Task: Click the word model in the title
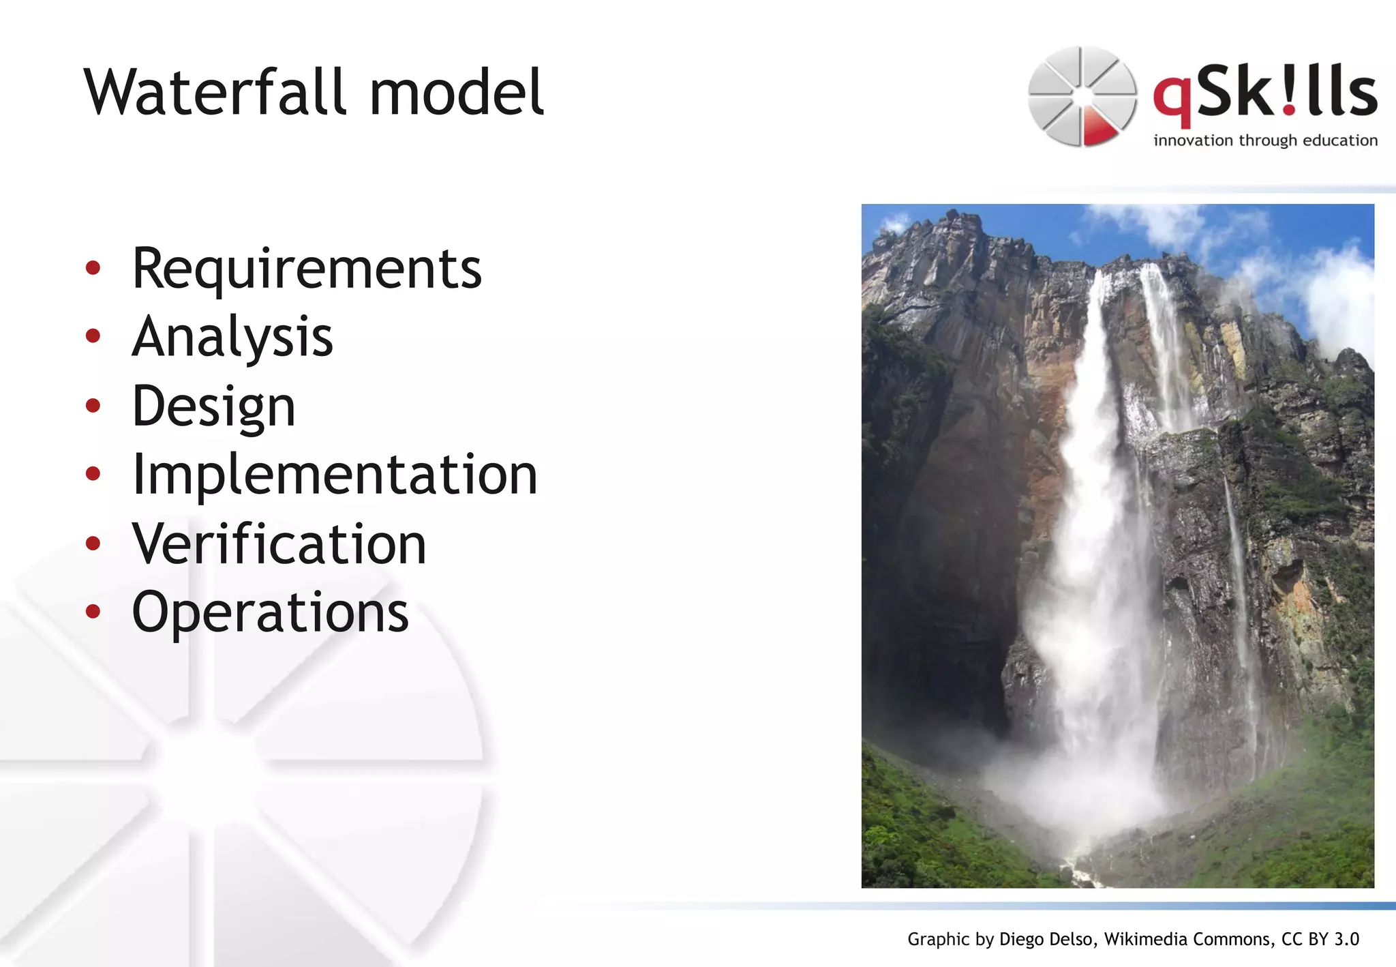(x=456, y=92)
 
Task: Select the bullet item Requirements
(x=307, y=269)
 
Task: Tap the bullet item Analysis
(x=232, y=337)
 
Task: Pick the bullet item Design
(x=213, y=406)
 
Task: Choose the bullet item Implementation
(x=335, y=475)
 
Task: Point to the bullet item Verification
(x=279, y=544)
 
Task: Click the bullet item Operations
(x=270, y=612)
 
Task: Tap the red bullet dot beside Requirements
(x=93, y=267)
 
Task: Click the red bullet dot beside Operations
(x=93, y=611)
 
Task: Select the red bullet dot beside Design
(x=93, y=405)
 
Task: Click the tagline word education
(x=1340, y=140)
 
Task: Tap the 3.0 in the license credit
(x=1346, y=939)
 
